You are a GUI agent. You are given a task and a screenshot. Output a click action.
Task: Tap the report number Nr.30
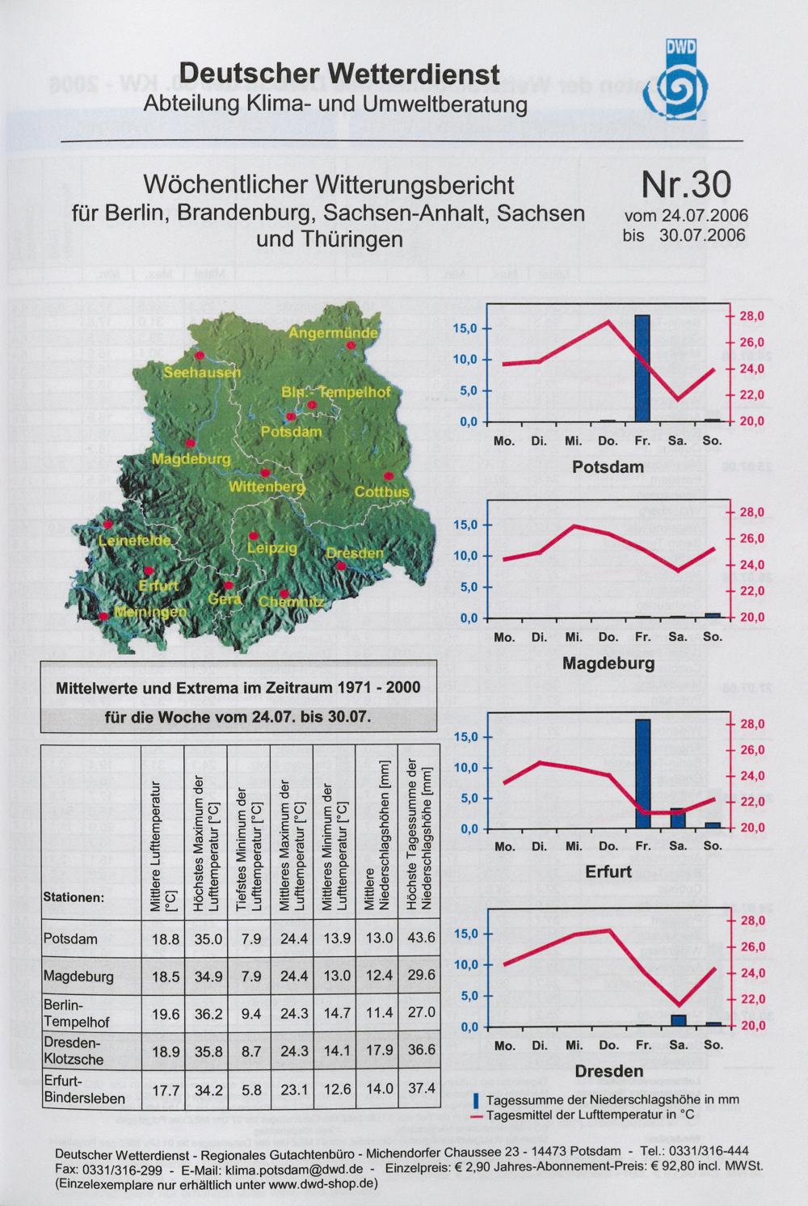pyautogui.click(x=685, y=186)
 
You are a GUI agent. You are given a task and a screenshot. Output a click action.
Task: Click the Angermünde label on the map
pyautogui.click(x=333, y=332)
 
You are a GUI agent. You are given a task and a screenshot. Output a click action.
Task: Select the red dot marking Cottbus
pyautogui.click(x=388, y=475)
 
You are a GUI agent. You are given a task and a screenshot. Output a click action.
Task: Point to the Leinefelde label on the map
pyautogui.click(x=135, y=541)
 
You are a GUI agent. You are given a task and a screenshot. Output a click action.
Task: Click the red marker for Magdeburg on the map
pyautogui.click(x=190, y=443)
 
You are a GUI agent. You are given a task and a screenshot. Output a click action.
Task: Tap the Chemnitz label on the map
pyautogui.click(x=291, y=602)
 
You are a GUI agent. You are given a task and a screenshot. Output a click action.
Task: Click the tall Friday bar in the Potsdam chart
pyautogui.click(x=642, y=368)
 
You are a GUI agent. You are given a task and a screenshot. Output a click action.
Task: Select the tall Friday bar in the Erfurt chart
pyautogui.click(x=642, y=774)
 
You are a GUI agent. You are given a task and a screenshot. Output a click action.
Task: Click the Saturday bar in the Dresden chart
pyautogui.click(x=678, y=1020)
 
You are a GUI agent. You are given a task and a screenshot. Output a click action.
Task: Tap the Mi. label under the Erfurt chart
pyautogui.click(x=574, y=846)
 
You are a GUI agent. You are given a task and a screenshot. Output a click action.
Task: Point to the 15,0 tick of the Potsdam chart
pyautogui.click(x=468, y=329)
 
